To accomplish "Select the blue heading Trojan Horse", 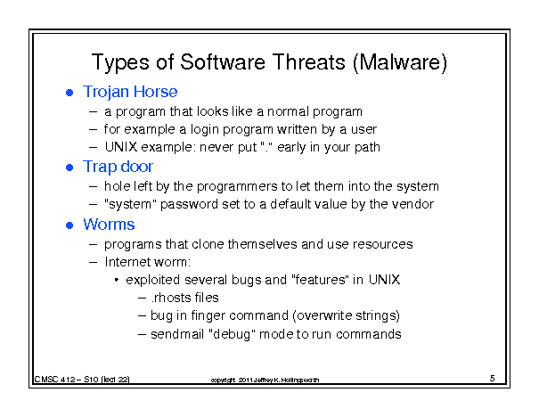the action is pos(130,92).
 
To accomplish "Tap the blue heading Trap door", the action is pos(118,168).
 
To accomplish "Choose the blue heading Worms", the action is pos(109,225).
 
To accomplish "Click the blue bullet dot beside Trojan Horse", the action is pos(69,93).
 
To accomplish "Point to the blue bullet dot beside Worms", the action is pos(69,225).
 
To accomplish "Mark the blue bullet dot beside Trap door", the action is pos(69,168).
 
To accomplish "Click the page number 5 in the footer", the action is pos(493,379).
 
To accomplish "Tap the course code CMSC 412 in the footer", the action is pos(54,380).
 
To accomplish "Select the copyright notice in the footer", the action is pos(265,380).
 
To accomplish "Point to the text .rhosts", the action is pos(170,298).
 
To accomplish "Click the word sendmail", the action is pos(177,334).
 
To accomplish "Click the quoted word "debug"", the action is pos(232,334).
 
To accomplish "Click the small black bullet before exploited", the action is pos(117,280).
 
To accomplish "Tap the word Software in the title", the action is pos(223,62).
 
